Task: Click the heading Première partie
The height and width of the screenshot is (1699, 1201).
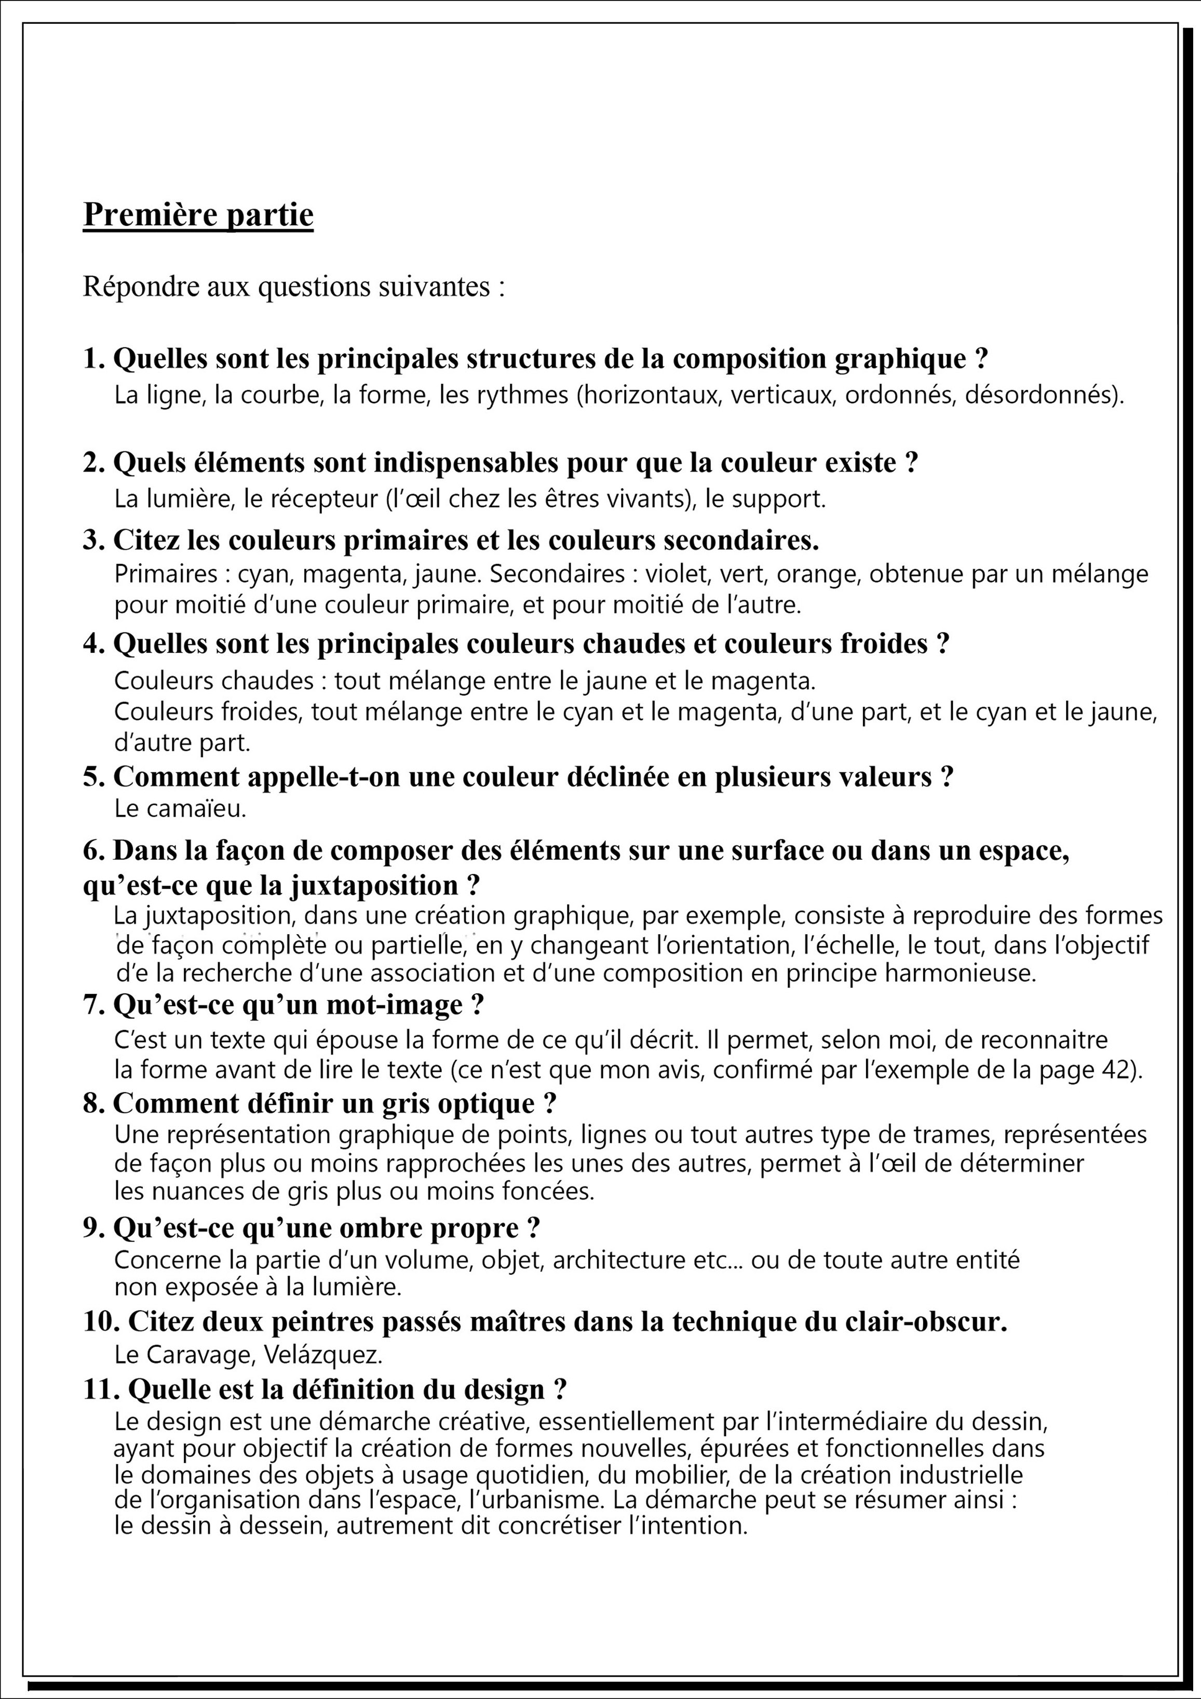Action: tap(198, 214)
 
